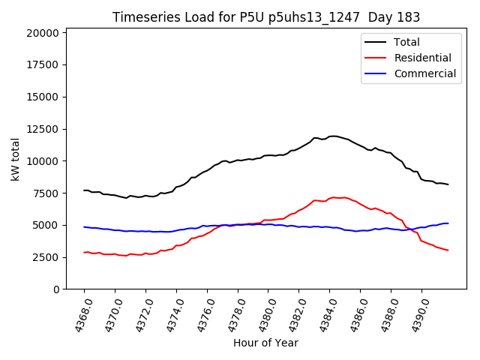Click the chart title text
(265, 17)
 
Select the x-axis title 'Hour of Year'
(265, 343)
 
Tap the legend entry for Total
(406, 42)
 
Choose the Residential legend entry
(422, 58)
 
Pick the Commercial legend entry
(424, 73)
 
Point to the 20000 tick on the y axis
(43, 33)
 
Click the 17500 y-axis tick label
(43, 65)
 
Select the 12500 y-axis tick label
(43, 129)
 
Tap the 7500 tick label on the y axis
(46, 193)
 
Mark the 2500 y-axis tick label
(46, 257)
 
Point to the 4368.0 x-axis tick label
(77, 315)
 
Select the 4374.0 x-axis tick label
(169, 315)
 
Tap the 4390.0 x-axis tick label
(415, 315)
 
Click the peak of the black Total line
(332, 136)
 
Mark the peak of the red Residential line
(332, 197)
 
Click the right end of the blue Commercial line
(448, 223)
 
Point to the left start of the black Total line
(84, 190)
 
